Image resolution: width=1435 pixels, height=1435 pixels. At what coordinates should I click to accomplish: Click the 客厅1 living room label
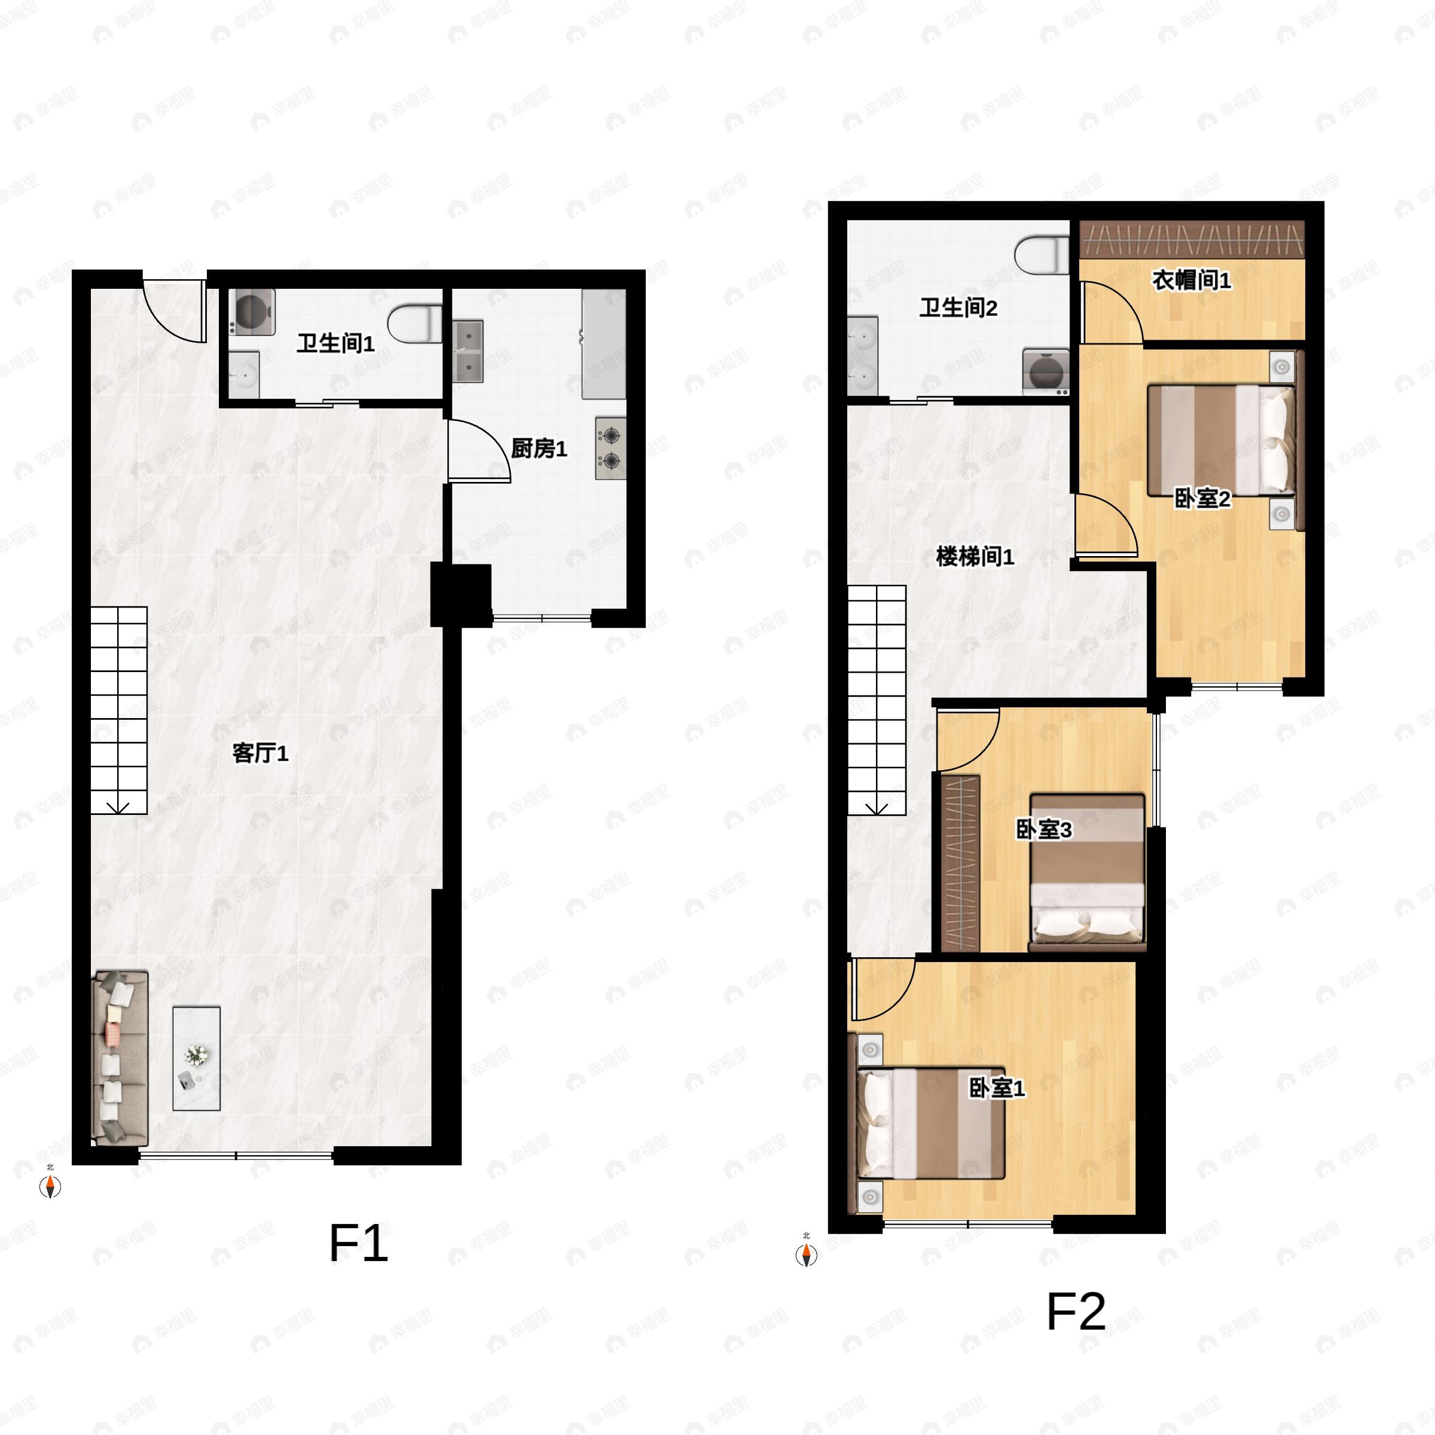260,754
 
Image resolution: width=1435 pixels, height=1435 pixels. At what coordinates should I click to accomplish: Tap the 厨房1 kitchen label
539,448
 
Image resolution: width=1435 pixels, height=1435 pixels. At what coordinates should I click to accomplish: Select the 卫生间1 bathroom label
335,343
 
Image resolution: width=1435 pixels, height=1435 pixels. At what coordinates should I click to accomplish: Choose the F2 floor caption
1076,1312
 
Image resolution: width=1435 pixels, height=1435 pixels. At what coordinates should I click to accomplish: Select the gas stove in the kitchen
610,448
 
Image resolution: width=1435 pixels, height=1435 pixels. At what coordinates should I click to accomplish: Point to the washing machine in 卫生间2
1046,371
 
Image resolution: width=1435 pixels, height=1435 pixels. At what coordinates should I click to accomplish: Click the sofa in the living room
119,1058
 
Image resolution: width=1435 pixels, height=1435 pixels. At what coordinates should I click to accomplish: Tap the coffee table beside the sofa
196,1058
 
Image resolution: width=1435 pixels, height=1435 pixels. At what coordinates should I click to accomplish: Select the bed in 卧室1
932,1122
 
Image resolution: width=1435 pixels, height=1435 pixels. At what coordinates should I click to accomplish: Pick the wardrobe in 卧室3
960,863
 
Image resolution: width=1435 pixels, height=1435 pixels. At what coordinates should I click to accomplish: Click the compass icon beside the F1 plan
50,1187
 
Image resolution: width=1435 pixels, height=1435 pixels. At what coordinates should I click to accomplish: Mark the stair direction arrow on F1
119,807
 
